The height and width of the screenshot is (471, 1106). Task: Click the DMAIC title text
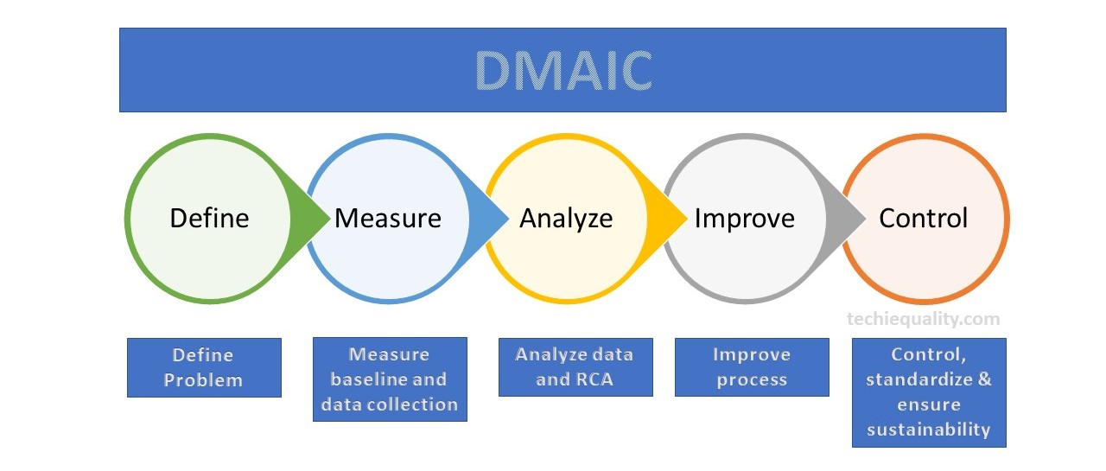coord(563,71)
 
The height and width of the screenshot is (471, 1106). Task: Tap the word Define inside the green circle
coord(209,219)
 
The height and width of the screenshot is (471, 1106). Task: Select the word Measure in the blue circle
coord(388,219)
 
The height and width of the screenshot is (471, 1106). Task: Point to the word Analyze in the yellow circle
coord(566,220)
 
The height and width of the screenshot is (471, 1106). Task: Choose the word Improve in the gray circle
coord(745,220)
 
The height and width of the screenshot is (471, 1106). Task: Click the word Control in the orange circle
coord(924,219)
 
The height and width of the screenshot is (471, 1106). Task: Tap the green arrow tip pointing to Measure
coord(329,219)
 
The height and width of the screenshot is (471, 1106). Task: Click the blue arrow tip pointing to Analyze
coord(508,219)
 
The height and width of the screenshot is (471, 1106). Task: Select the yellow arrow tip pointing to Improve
coord(687,219)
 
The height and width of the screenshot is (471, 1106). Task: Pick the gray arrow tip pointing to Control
coord(865,219)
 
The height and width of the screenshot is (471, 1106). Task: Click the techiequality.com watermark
coord(924,319)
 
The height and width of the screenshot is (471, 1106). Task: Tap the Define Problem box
coord(205,368)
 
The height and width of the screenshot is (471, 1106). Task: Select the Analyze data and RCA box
coord(575,367)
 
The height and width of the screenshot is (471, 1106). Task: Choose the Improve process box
coord(752,367)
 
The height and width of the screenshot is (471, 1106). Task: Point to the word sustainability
coord(929,430)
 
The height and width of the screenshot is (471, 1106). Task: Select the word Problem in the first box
coord(203,380)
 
